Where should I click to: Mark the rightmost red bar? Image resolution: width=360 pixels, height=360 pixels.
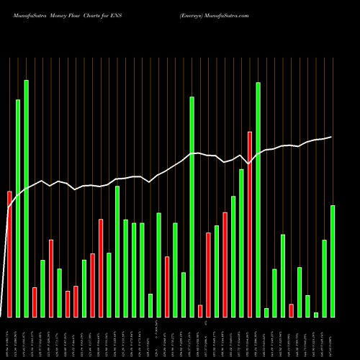[x=291, y=310]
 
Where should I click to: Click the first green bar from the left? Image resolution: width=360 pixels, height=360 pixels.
[x=18, y=208]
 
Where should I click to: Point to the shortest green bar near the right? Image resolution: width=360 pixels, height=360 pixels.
[x=316, y=315]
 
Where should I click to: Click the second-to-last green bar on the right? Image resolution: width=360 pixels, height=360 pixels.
[x=324, y=278]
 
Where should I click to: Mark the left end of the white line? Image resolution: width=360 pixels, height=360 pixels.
[x=9, y=209]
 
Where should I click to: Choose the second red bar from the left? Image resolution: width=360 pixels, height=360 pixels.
[x=35, y=302]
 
